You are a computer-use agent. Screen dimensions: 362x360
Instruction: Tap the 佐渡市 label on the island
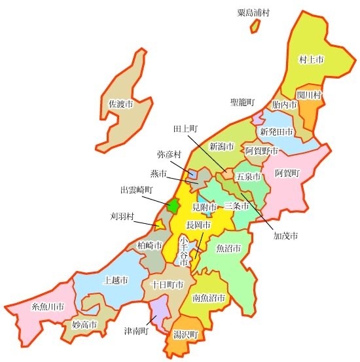coord(120,104)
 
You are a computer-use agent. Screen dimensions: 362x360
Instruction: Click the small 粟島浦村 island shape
coord(255,26)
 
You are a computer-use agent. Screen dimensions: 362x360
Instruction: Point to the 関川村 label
coord(309,95)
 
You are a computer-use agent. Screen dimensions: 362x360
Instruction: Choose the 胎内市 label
coord(284,104)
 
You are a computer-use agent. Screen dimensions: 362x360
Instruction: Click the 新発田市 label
coord(276,131)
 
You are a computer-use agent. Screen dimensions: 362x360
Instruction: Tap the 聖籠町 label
coord(242,103)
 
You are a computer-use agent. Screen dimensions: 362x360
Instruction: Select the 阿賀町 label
coord(287,173)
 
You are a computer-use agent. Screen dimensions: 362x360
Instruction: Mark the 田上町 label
coord(186,129)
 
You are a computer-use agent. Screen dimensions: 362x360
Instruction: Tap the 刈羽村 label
coord(122,215)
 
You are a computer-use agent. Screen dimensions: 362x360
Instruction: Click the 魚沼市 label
coord(228,249)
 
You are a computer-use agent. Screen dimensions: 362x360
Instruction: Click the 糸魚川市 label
coord(48,306)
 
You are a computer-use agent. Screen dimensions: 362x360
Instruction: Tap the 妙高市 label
coord(84,325)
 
